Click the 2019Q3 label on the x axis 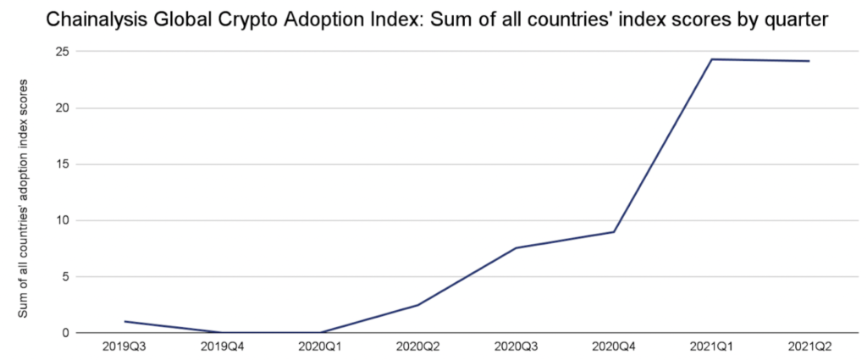pos(124,346)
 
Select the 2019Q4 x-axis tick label pos(223,346)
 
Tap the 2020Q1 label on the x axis pos(320,346)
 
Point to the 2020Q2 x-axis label pos(418,346)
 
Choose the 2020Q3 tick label pos(516,346)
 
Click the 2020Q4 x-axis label pos(614,346)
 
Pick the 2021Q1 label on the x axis pos(711,346)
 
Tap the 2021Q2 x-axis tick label pos(809,346)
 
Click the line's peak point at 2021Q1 pos(711,59)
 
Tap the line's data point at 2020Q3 pos(516,247)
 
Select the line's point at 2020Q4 pos(614,232)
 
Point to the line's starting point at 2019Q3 pos(124,321)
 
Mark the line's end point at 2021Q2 pos(809,61)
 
